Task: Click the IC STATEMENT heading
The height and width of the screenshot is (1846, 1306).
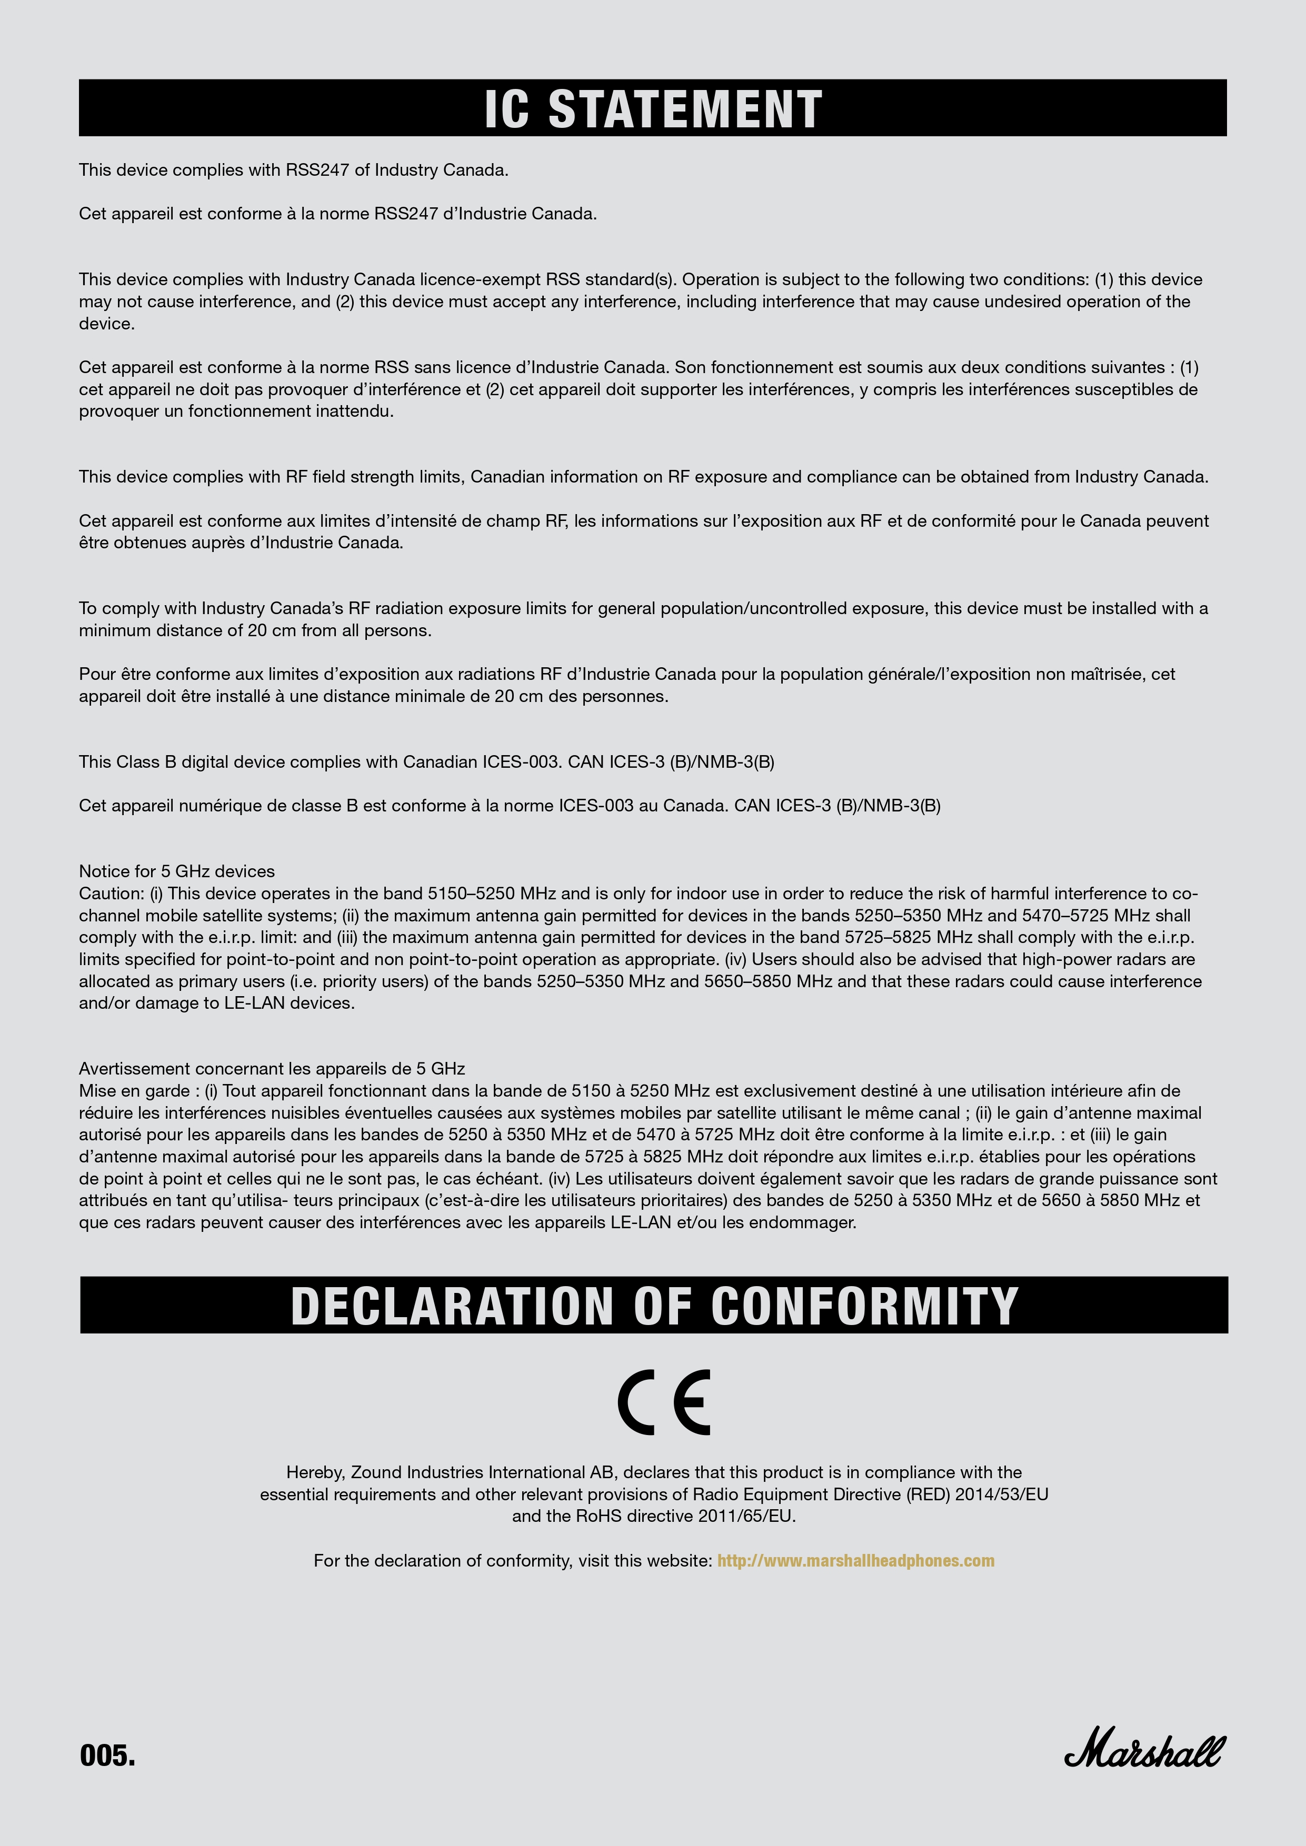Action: [653, 108]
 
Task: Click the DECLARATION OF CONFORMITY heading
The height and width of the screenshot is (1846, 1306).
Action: [654, 1305]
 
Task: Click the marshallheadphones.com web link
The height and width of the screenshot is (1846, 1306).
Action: [855, 1561]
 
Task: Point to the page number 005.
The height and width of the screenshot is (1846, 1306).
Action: [107, 1755]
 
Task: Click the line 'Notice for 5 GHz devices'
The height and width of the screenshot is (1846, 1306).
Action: [177, 871]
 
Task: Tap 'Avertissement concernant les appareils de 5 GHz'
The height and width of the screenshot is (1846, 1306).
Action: [272, 1069]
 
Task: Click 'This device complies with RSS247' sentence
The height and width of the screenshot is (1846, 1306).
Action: [294, 169]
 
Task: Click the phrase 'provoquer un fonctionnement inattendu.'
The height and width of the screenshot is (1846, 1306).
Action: [236, 412]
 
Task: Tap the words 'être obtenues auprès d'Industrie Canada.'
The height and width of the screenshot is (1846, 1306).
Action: [241, 543]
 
